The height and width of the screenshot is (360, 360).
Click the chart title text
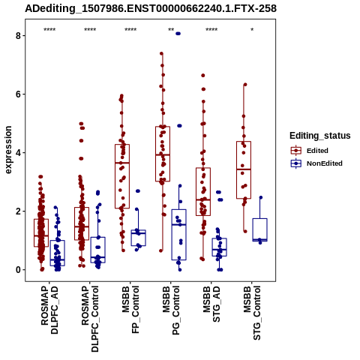pos(151,8)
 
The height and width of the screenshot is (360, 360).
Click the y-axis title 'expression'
pos(8,150)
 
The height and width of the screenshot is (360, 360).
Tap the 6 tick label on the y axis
pos(18,94)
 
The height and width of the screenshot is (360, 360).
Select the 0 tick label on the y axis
pos(18,270)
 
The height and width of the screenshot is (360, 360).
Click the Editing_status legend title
pos(320,136)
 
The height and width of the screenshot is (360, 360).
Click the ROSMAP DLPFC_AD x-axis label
pos(49,310)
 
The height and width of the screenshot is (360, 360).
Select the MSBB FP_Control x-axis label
pos(130,310)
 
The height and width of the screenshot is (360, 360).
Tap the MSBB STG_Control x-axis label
pos(252,313)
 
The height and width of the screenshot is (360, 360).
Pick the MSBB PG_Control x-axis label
pos(171,310)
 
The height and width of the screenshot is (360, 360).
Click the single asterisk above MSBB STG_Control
pos(252,30)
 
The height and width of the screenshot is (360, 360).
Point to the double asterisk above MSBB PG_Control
pos(171,30)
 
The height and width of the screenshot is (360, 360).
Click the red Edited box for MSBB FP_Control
pos(122,176)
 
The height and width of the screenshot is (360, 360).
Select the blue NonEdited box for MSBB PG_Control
pos(178,235)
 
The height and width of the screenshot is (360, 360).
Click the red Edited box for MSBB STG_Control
pos(244,170)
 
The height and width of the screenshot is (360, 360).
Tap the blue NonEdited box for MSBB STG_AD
pos(220,247)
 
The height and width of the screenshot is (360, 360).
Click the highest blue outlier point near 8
pos(178,34)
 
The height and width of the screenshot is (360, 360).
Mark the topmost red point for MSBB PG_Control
pos(161,53)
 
